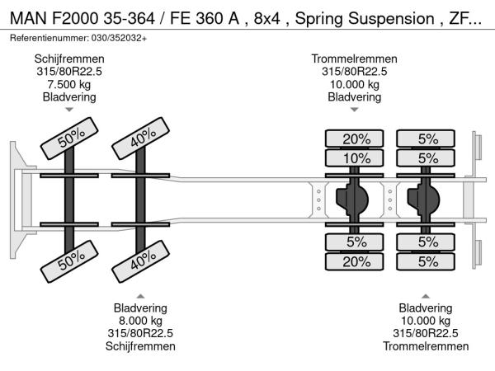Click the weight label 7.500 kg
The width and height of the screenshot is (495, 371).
pos(69,84)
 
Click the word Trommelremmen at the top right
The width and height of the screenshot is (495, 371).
pos(354,59)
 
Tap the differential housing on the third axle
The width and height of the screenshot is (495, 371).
pos(352,199)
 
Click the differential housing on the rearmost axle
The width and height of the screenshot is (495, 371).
pos(427,199)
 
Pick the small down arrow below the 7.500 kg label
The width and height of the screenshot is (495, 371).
pos(69,109)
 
